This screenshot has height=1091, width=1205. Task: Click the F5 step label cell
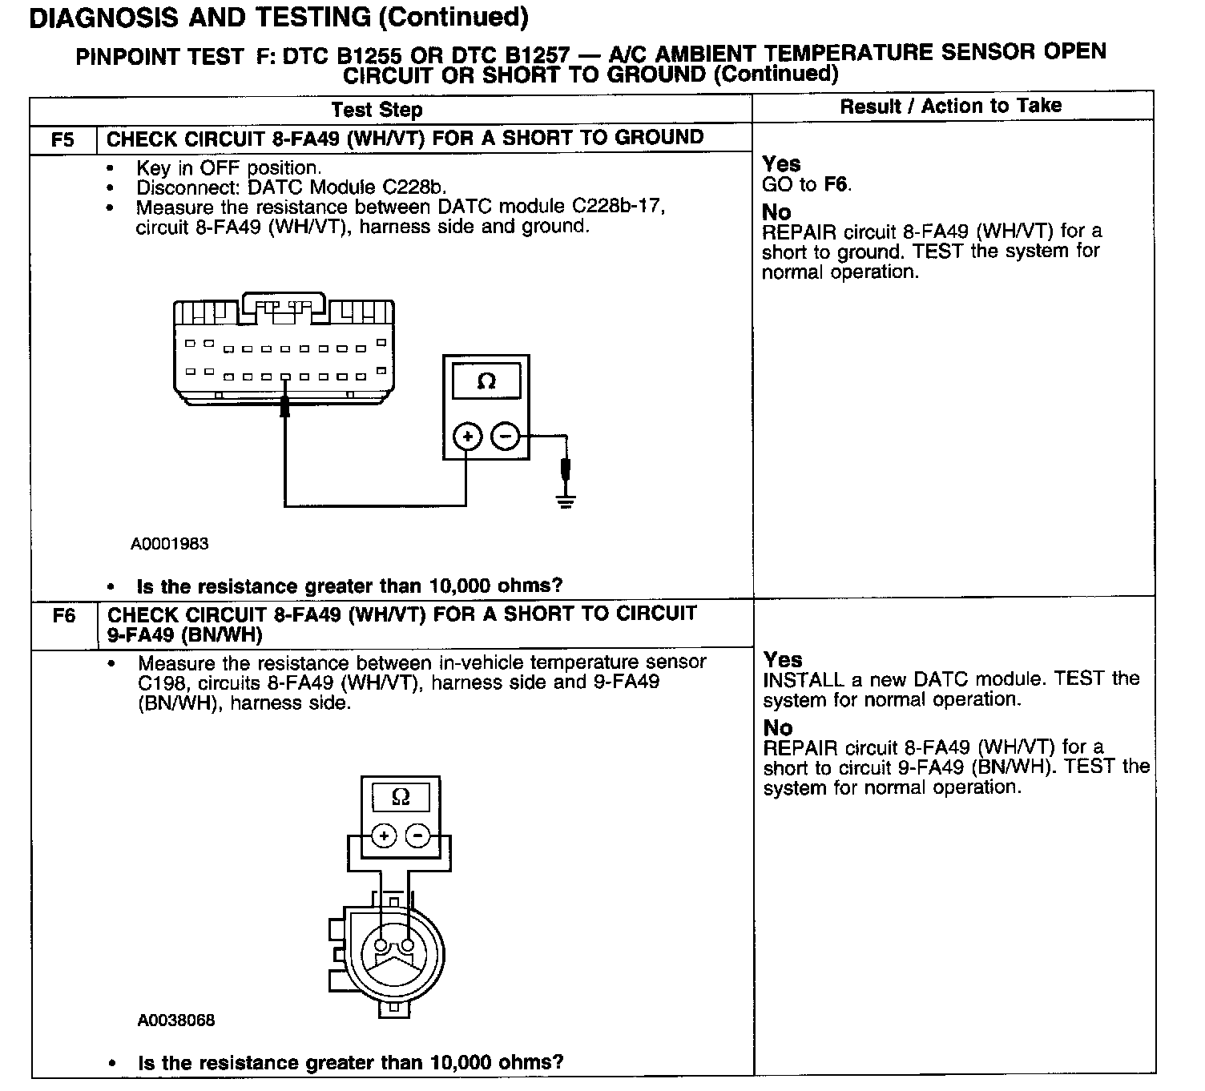tap(62, 139)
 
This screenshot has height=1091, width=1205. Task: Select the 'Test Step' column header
tap(377, 110)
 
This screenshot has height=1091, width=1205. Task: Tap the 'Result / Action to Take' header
tap(951, 106)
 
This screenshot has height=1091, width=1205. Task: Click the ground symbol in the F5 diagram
tap(566, 502)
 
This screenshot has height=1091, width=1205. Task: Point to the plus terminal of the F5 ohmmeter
tap(467, 437)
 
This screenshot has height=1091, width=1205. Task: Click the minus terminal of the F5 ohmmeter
tap(505, 437)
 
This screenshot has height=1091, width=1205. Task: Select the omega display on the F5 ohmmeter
tap(486, 381)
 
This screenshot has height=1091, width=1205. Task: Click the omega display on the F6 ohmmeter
tap(401, 797)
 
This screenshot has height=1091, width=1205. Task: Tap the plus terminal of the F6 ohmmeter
tap(385, 836)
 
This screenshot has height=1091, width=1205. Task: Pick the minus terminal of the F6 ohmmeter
tap(417, 836)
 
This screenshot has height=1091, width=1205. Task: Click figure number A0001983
tap(170, 544)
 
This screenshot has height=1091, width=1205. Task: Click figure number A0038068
tap(176, 1021)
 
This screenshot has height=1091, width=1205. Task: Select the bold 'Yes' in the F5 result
tap(781, 164)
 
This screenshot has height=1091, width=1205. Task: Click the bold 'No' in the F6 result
tap(778, 727)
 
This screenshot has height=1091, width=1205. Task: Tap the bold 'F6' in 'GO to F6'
tap(836, 185)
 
